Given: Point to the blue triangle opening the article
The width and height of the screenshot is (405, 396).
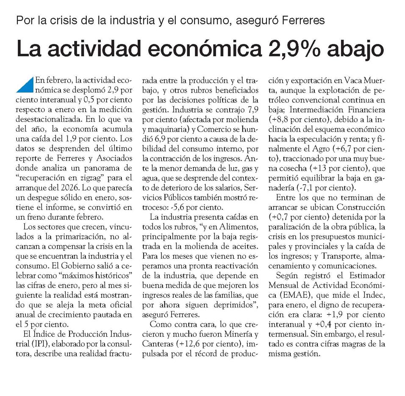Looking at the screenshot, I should (x=25, y=85).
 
